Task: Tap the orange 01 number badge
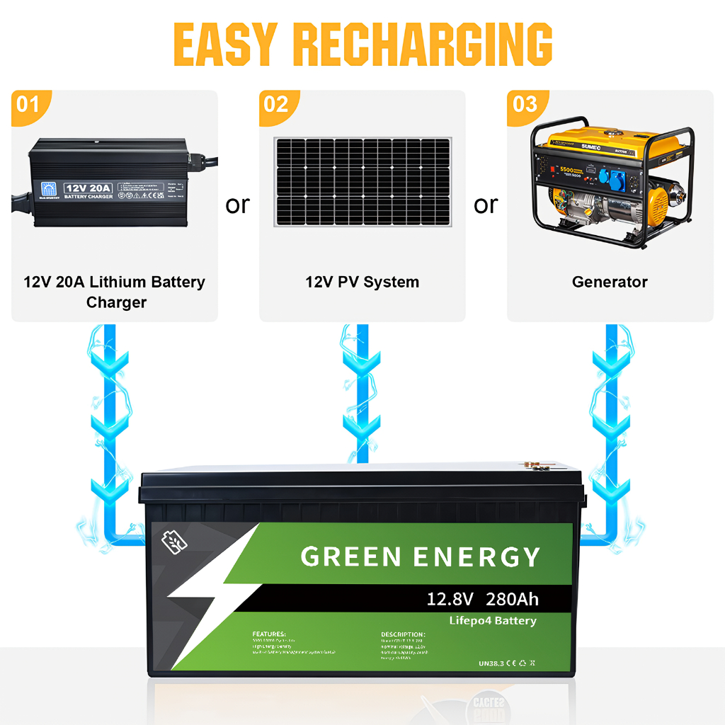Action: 28,105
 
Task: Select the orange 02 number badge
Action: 276,105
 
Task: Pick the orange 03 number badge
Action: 525,105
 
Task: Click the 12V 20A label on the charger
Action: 88,188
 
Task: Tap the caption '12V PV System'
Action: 362,282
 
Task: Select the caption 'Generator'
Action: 610,282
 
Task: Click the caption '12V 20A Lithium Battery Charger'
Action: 115,292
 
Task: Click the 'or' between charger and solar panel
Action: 238,205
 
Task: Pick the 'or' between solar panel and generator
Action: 486,205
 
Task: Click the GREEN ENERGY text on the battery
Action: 421,556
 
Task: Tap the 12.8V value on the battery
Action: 450,600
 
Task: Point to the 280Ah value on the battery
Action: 512,600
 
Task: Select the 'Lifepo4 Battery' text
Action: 493,621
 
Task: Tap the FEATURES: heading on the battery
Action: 269,634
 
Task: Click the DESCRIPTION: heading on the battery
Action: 403,634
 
